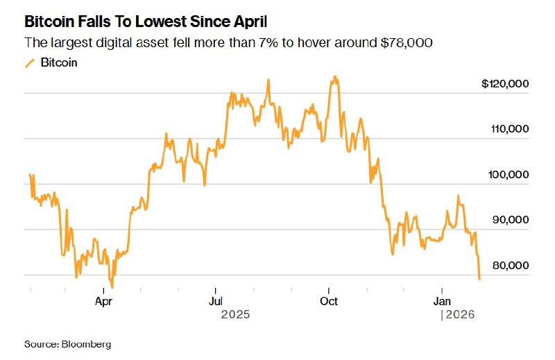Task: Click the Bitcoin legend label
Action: point(59,62)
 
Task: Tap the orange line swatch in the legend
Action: point(30,63)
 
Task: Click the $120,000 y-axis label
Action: point(505,84)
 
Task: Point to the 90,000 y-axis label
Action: point(511,220)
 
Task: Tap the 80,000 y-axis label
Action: point(511,266)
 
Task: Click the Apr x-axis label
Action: point(103,301)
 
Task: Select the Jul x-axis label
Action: point(216,301)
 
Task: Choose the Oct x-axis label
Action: point(329,301)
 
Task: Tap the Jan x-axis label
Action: point(442,301)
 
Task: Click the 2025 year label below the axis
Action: point(234,316)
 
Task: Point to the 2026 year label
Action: point(460,316)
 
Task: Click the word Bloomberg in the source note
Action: point(86,344)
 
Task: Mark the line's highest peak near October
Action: point(335,77)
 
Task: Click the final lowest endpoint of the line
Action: point(479,279)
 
